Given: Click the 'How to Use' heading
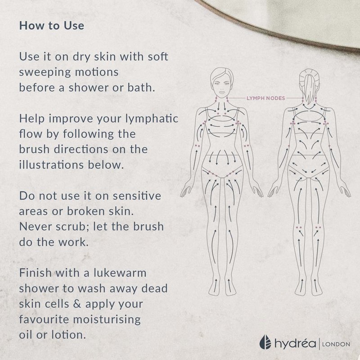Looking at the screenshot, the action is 52,26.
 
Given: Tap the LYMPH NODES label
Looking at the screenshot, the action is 265,98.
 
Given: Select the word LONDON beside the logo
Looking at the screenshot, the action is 336,344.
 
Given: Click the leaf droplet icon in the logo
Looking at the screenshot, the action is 265,342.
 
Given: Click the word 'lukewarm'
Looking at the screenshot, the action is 120,273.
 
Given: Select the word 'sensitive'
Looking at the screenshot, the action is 137,196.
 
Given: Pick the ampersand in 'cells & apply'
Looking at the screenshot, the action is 77,304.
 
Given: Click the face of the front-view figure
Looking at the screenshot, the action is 221,85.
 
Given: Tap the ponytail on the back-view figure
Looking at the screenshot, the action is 309,87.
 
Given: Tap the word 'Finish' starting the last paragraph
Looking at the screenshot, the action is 36,273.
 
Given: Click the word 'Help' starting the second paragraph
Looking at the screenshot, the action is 32,119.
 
